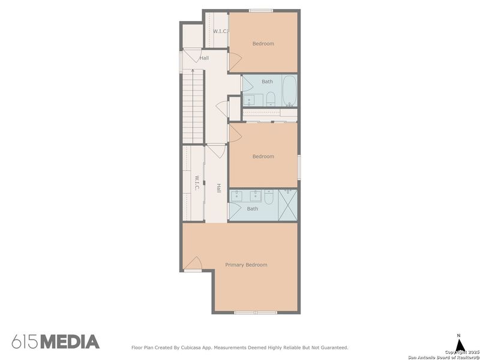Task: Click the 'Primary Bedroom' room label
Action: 246,265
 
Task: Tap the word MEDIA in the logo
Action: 70,342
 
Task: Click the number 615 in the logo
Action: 25,342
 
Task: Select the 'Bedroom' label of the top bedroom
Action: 263,43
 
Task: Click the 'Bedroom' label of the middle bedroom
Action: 263,157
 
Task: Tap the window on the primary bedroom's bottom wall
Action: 255,312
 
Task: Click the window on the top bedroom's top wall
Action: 260,10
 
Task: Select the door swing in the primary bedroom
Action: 194,264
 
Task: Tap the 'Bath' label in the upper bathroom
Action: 267,81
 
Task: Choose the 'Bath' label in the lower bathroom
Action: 253,209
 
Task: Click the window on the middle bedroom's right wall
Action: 298,166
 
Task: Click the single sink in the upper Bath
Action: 249,99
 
